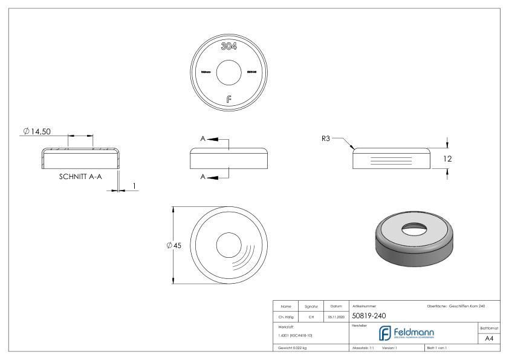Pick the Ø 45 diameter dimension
(173, 245)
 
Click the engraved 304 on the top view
(229, 47)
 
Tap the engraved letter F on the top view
(228, 100)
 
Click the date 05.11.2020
(335, 316)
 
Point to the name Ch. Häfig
(285, 316)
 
